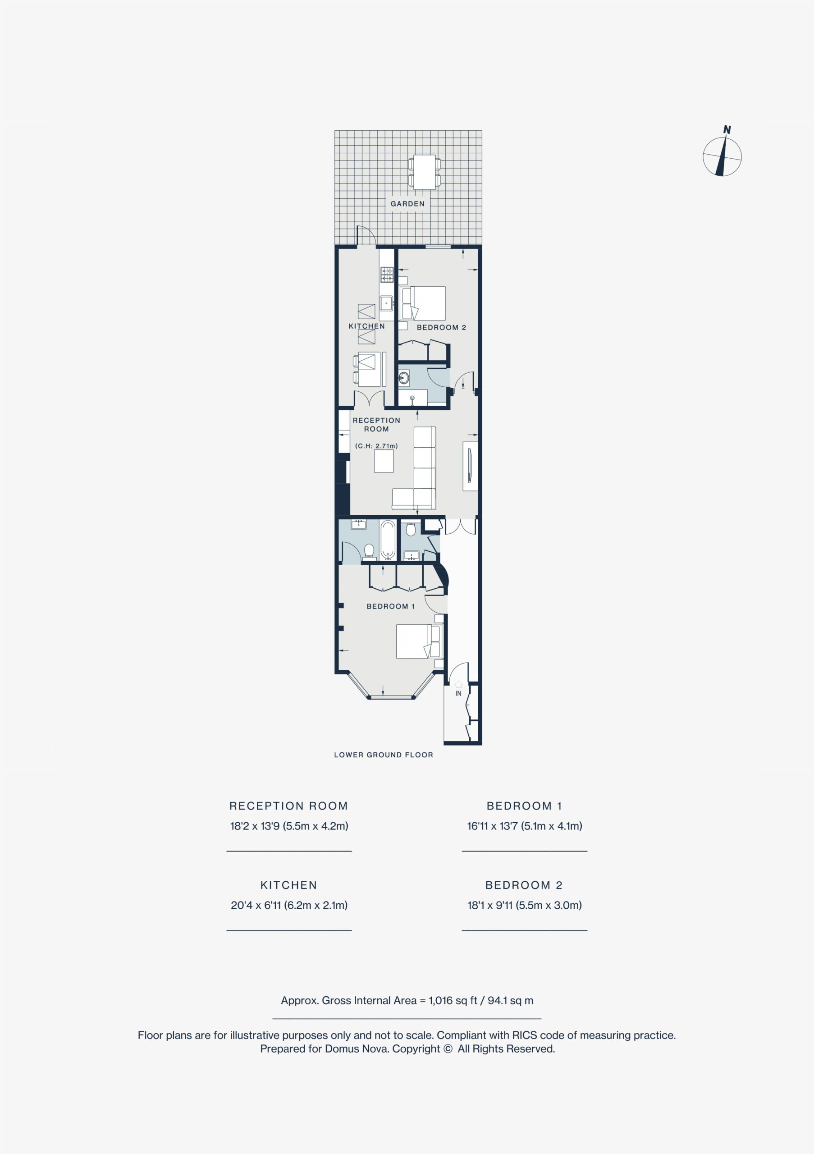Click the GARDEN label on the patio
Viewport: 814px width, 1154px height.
coord(407,204)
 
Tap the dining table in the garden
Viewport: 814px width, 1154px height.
coord(425,172)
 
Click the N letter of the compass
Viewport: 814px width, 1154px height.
coord(727,130)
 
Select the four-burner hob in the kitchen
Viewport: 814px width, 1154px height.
coord(386,275)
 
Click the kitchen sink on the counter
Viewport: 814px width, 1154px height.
coord(386,303)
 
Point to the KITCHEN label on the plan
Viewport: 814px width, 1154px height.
coord(367,326)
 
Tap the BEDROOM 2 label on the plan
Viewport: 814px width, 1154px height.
coord(441,327)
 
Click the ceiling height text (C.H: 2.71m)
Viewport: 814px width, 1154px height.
coord(376,446)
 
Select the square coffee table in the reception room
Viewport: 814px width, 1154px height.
coord(384,461)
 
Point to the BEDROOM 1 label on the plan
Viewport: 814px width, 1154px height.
coord(390,606)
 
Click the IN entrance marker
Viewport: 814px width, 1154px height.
coord(458,693)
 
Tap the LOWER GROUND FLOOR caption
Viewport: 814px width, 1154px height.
coord(384,755)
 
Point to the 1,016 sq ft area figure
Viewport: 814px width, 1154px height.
coord(453,1000)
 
